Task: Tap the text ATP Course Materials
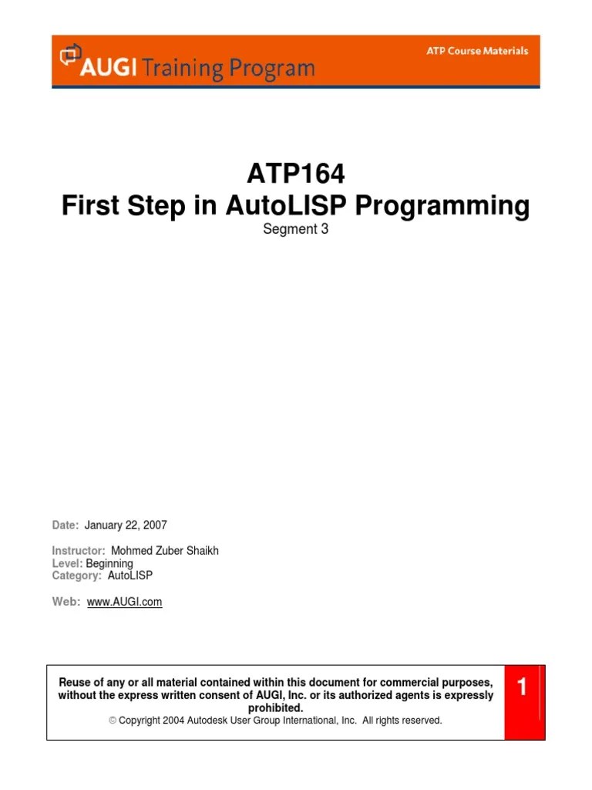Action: tap(478, 51)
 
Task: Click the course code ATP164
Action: tap(296, 175)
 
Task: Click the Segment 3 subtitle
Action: tap(296, 229)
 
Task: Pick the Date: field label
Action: tap(66, 525)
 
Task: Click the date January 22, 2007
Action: tap(126, 525)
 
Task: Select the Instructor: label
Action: tap(78, 551)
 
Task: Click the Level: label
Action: tap(67, 563)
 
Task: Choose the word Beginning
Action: tap(109, 563)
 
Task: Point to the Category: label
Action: tap(76, 576)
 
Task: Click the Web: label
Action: tap(66, 602)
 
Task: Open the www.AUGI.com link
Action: tap(125, 602)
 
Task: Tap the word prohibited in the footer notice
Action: tap(275, 707)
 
